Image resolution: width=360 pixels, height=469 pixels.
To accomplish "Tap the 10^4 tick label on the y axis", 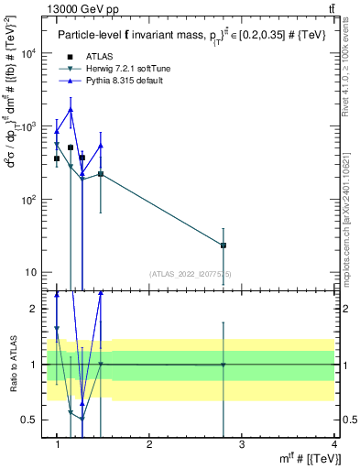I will tap(28, 53).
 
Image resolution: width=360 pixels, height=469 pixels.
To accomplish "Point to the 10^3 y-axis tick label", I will tap(28, 126).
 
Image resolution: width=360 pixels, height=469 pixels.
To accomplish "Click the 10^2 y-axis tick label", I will tap(28, 200).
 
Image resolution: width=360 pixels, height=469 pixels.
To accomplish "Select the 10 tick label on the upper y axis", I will tap(31, 273).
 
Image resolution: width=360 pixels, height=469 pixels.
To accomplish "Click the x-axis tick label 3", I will tap(241, 445).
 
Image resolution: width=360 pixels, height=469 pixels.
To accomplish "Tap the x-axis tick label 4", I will tap(333, 445).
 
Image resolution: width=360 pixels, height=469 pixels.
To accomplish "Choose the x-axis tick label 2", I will tap(149, 445).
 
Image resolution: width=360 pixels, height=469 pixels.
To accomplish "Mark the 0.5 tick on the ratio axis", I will tap(30, 420).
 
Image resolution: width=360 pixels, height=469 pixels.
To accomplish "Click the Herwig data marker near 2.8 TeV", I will tap(224, 245).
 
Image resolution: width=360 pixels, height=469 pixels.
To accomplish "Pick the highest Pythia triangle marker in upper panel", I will tap(71, 110).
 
